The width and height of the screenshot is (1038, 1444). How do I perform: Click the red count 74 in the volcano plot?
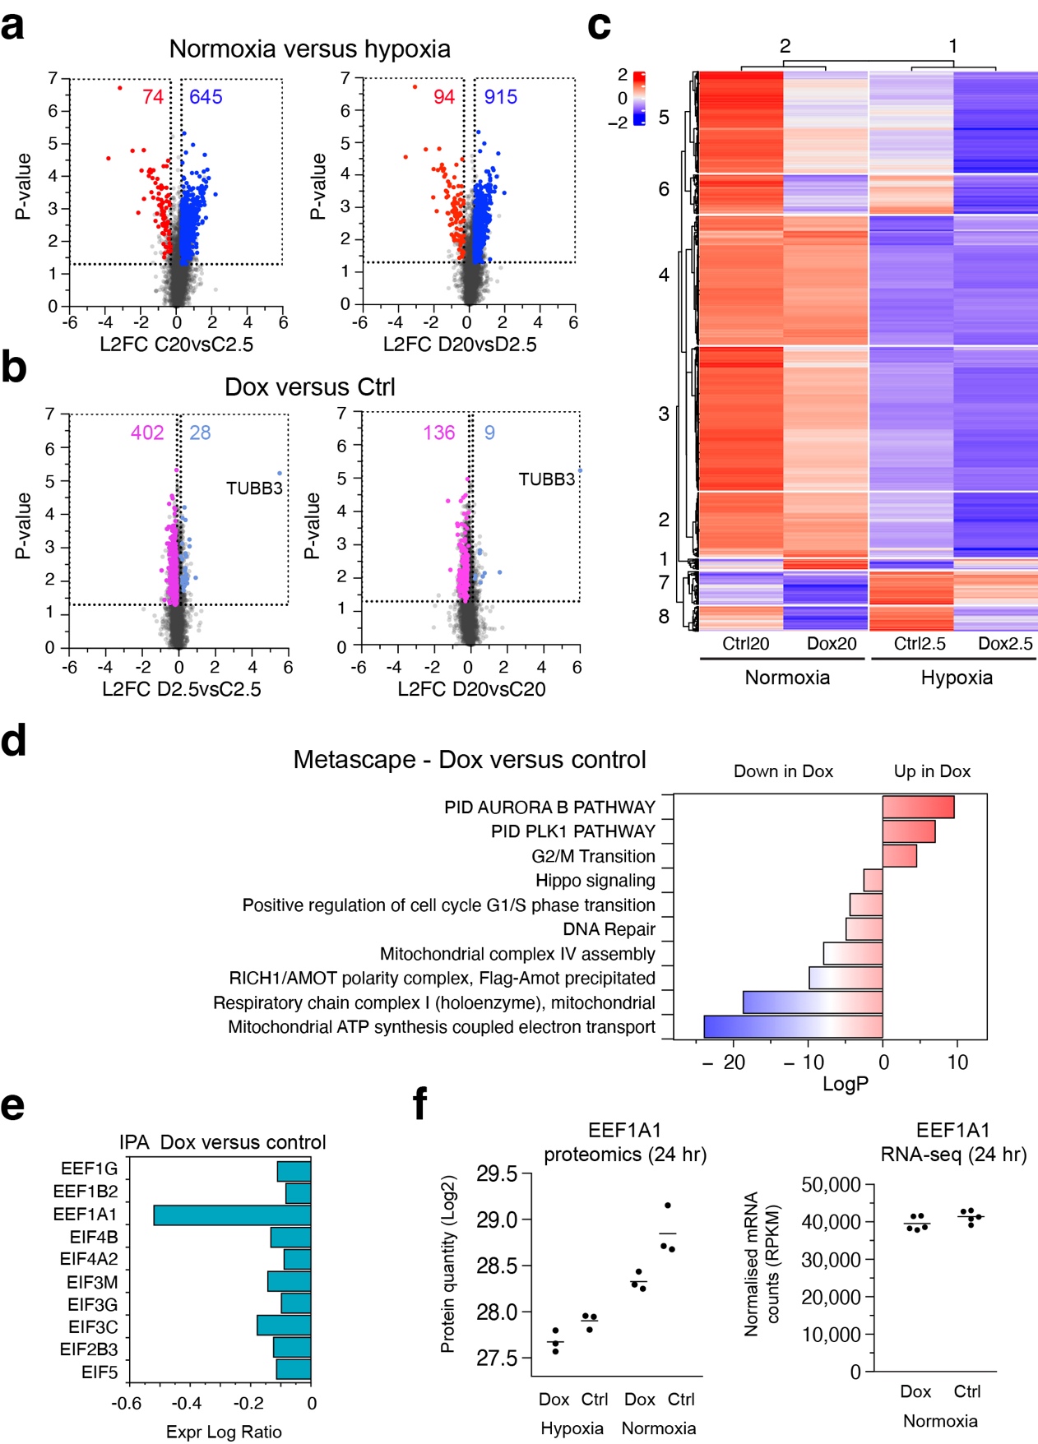tap(153, 97)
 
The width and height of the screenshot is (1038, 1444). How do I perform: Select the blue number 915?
tap(500, 97)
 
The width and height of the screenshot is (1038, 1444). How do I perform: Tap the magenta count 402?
tap(147, 433)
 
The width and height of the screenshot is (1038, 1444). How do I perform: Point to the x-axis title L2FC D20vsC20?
tap(471, 689)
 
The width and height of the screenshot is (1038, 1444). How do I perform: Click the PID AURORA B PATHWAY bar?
tap(918, 807)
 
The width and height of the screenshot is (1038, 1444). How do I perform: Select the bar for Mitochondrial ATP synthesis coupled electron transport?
tap(793, 1026)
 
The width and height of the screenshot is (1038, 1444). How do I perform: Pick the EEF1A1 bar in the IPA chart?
tap(232, 1215)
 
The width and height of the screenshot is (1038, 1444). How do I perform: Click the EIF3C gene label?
tap(93, 1326)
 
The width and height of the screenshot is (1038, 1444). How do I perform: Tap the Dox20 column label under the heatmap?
tap(831, 644)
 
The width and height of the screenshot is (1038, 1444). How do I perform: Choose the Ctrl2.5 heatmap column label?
tap(920, 644)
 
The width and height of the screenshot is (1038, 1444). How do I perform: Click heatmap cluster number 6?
tap(664, 189)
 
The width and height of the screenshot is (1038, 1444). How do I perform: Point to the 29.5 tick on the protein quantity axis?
tap(497, 1173)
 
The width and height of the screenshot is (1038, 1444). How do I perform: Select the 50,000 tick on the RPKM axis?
tap(831, 1185)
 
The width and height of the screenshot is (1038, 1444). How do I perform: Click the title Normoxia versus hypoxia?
tap(309, 49)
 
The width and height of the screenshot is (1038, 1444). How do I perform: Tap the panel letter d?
tap(14, 741)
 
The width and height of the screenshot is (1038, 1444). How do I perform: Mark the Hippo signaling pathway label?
tap(595, 880)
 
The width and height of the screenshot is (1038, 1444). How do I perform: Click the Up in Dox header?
tap(932, 771)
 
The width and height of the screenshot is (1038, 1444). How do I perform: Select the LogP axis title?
tap(845, 1084)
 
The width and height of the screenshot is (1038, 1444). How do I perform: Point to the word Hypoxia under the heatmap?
tap(956, 678)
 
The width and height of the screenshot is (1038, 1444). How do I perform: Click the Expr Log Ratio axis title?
tap(224, 1432)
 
